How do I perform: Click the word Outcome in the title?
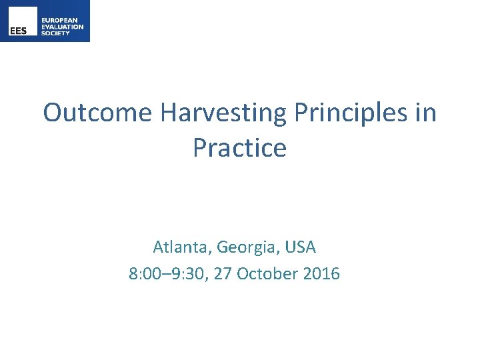[x=98, y=113]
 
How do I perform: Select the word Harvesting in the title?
[x=221, y=113]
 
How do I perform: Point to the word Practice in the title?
[x=239, y=147]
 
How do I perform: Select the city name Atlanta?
[x=175, y=247]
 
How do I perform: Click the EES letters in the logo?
[x=18, y=31]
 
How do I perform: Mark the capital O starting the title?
[x=53, y=113]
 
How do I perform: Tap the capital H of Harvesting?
[x=167, y=113]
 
